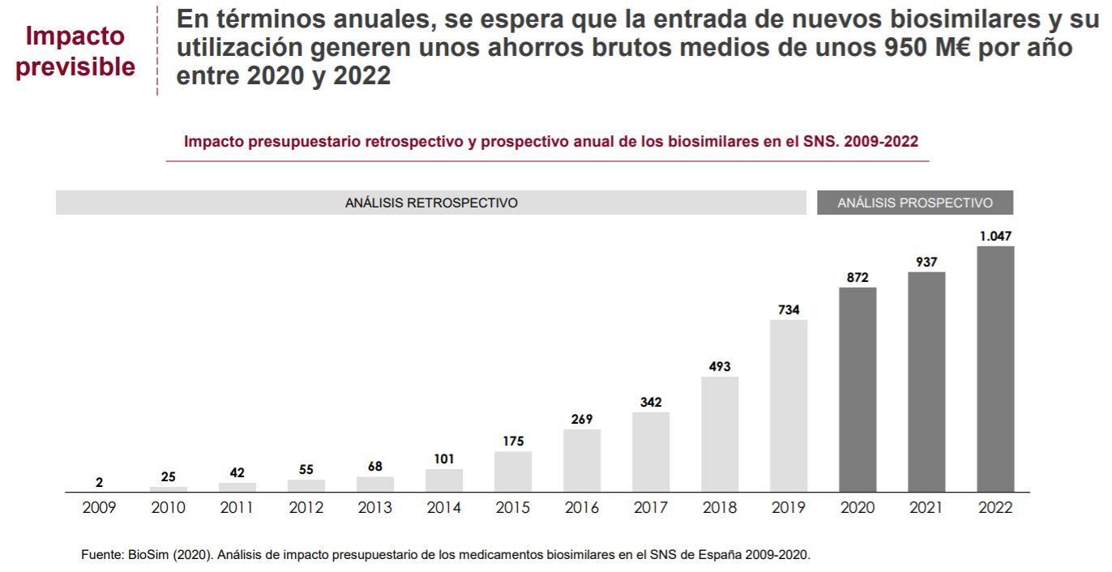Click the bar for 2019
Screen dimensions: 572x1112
(789, 405)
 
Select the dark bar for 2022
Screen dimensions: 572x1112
(995, 369)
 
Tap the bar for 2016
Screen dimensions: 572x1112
(582, 460)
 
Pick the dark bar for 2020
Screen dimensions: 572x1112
(858, 389)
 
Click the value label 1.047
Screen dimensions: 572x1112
(995, 236)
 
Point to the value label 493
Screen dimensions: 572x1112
(720, 366)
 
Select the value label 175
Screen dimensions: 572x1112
(513, 441)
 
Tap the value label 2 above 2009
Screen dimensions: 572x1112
(100, 483)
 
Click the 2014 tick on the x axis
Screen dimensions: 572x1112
(444, 509)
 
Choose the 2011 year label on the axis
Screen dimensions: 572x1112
(237, 509)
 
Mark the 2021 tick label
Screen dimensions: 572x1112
(926, 509)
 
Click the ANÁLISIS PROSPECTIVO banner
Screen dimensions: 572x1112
(914, 203)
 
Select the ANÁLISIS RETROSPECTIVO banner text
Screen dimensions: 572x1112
(431, 203)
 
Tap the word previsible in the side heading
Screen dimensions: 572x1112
(77, 66)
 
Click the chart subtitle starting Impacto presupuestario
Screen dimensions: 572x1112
(551, 142)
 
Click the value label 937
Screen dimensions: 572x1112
(926, 261)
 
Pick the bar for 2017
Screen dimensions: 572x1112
(651, 451)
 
